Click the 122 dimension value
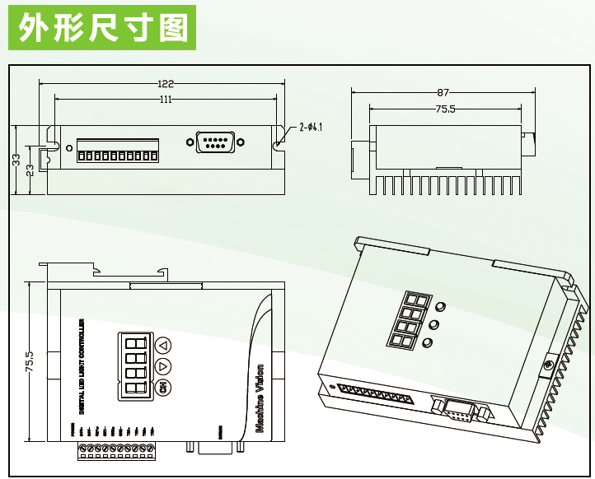coord(166,83)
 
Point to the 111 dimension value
coord(165,100)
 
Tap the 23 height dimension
coord(30,170)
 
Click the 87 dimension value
coord(443,92)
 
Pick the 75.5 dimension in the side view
coord(445,109)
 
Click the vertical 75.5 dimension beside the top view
coord(30,362)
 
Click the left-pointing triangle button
coord(162,346)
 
